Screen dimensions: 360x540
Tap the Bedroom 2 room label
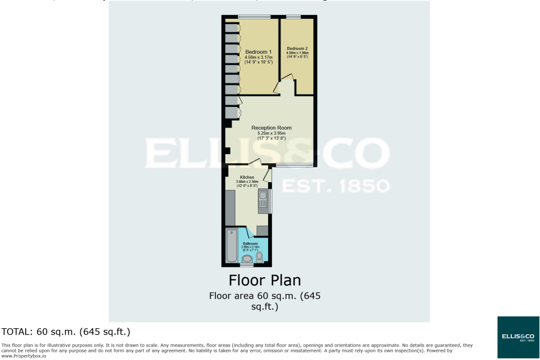pos(297,48)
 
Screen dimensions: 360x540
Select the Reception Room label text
pos(271,128)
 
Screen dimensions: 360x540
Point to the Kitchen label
pos(247,177)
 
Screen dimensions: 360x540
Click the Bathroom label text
pos(250,243)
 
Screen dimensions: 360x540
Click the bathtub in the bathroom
pos(232,246)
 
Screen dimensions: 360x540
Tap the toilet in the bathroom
pos(260,258)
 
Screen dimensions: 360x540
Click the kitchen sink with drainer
pos(263,201)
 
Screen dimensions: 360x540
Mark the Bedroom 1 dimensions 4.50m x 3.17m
pos(258,57)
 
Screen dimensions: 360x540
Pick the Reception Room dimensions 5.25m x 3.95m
pos(271,133)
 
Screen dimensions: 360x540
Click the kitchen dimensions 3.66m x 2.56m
pos(247,182)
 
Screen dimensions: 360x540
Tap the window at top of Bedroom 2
pos(293,17)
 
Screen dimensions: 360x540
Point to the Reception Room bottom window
pos(294,164)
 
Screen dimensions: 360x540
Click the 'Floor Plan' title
pos(264,280)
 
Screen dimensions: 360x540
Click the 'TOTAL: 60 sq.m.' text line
pos(67,332)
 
